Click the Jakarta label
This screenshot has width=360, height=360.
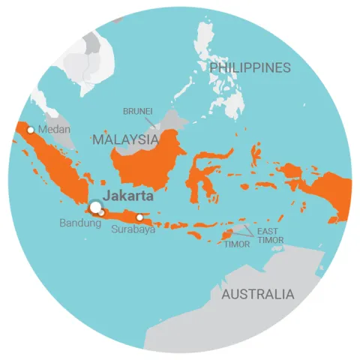127,196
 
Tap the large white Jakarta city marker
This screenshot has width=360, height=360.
95,207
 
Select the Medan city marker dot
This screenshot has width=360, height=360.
30,130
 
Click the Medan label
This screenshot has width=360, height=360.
54,130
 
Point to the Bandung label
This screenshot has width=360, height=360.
80,223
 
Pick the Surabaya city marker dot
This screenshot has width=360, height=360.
139,217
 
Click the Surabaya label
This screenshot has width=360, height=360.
133,229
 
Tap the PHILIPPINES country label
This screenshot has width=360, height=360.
250,68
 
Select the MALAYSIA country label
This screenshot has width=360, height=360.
125,139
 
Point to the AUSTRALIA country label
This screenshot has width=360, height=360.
257,294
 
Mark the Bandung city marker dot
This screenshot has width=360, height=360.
102,213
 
